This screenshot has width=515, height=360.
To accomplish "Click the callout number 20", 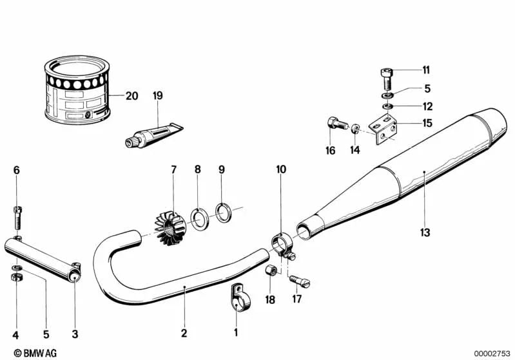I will [x=131, y=97].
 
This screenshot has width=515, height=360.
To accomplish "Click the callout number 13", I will [x=425, y=232].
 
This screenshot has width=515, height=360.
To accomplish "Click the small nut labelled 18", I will [x=271, y=268].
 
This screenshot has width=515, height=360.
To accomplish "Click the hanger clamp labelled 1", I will [x=236, y=298].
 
